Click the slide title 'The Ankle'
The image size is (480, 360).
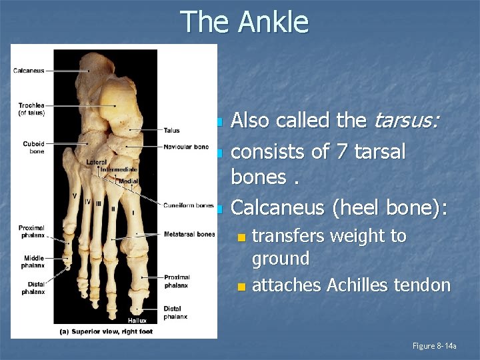point(245,22)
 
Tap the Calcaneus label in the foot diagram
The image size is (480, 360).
point(29,71)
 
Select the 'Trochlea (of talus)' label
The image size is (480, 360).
point(31,109)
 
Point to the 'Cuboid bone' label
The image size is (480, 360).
point(33,147)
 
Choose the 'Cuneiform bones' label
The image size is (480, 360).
point(189,205)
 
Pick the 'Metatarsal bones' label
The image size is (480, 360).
point(189,234)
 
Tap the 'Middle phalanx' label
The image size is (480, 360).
point(33,261)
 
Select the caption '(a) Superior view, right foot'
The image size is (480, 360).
point(106,331)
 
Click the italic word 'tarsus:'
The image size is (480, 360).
point(407,121)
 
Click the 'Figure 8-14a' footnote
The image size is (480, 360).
point(434,345)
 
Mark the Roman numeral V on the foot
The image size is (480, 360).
point(75,195)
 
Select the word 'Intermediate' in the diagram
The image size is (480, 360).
point(119,170)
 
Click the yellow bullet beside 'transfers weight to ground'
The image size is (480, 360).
point(243,237)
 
